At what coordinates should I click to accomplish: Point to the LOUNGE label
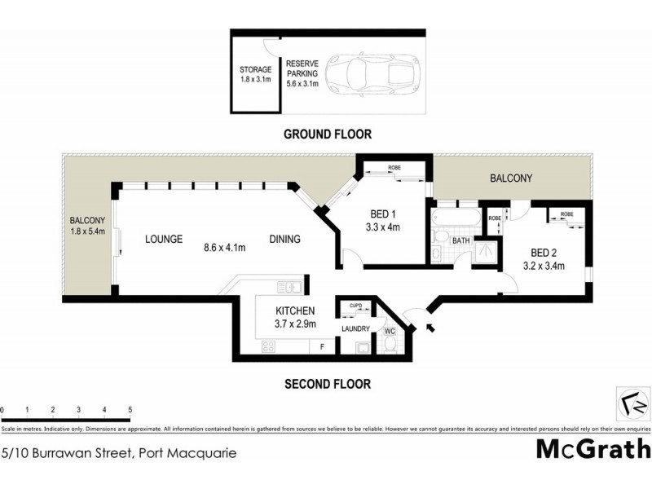[163, 240]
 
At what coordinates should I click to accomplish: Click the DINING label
[285, 240]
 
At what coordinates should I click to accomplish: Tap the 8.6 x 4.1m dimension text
[225, 240]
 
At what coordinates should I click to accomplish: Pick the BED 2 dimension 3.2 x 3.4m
[544, 266]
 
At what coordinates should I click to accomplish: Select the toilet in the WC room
[390, 347]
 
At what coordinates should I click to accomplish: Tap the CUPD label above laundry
[355, 305]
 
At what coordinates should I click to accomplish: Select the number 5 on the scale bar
[130, 409]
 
